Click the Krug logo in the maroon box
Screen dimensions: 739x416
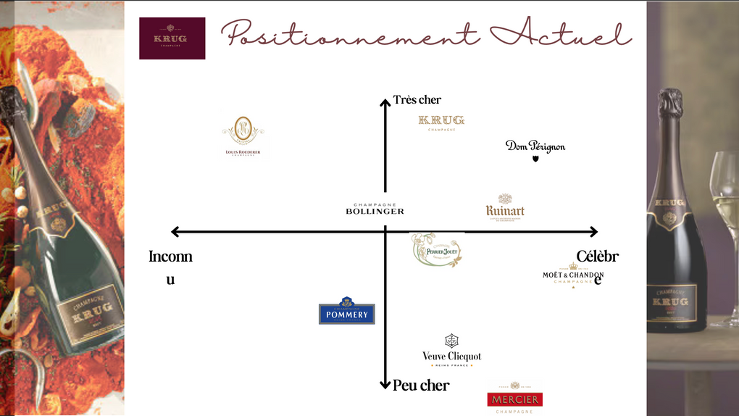pyautogui.click(x=172, y=38)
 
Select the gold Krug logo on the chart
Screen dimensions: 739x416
pyautogui.click(x=441, y=122)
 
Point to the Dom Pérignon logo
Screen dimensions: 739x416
pyautogui.click(x=535, y=148)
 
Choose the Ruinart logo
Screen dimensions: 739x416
pyautogui.click(x=505, y=207)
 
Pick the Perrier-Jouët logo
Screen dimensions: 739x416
pyautogui.click(x=437, y=251)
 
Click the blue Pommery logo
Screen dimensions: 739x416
pyautogui.click(x=347, y=312)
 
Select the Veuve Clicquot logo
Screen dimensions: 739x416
pyautogui.click(x=451, y=350)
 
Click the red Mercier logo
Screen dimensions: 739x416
pyautogui.click(x=515, y=399)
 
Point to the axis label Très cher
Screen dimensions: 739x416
pyautogui.click(x=417, y=100)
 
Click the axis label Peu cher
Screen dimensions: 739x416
pyautogui.click(x=421, y=386)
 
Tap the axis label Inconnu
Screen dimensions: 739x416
pyautogui.click(x=170, y=267)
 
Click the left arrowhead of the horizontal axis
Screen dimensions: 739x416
pyautogui.click(x=175, y=232)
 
